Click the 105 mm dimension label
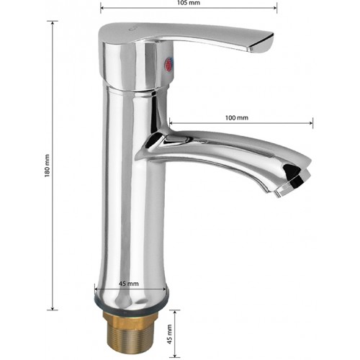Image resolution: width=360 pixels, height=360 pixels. pyautogui.click(x=189, y=3)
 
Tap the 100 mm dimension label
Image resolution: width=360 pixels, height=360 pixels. pyautogui.click(x=237, y=118)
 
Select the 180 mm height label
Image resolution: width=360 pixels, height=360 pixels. pyautogui.click(x=47, y=166)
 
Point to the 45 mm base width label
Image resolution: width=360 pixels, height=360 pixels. pyautogui.click(x=129, y=284)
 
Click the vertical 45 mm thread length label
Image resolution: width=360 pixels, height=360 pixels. pyautogui.click(x=170, y=334)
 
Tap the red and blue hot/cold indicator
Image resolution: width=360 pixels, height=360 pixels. pyautogui.click(x=168, y=65)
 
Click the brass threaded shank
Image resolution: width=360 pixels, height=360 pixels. pyautogui.click(x=130, y=334)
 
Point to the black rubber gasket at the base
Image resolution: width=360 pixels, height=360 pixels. pyautogui.click(x=131, y=306)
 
